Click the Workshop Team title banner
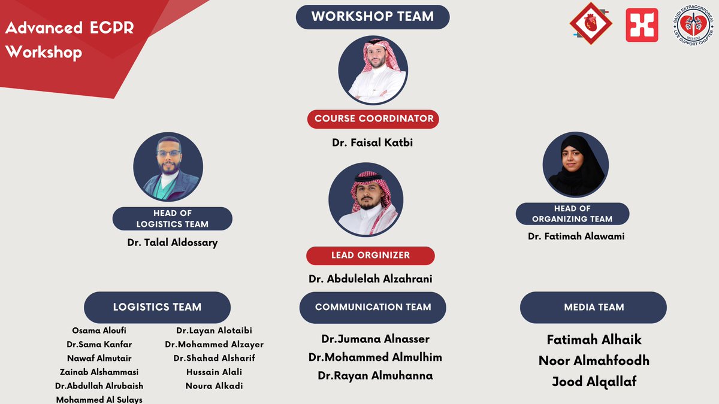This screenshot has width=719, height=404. tap(372, 17)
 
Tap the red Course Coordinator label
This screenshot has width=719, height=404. tap(373, 119)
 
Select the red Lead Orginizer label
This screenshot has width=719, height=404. tap(370, 256)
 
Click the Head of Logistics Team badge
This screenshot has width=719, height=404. tap(172, 218)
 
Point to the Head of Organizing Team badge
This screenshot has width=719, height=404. tap(572, 214)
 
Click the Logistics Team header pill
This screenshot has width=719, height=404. tap(157, 307)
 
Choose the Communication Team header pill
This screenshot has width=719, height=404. tap(373, 307)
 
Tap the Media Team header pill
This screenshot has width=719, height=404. tap(593, 307)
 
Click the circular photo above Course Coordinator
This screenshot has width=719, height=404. tap(373, 70)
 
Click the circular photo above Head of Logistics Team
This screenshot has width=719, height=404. tap(168, 166)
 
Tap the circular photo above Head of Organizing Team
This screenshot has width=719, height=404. tap(575, 164)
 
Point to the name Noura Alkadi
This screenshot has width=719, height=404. tap(214, 386)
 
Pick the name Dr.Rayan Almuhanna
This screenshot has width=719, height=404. tap(375, 376)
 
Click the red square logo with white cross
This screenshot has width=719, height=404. tap(642, 25)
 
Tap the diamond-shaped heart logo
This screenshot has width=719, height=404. tap(590, 25)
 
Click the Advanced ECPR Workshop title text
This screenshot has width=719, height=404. tap(54, 40)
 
